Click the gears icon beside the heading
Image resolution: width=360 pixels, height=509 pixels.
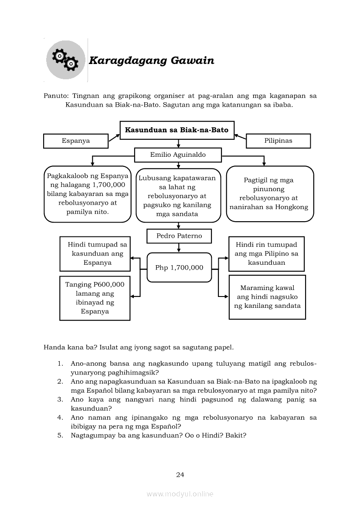tap(65, 61)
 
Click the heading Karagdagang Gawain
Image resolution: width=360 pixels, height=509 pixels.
tap(151, 61)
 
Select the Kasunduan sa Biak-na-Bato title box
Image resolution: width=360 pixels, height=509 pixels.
tap(177, 130)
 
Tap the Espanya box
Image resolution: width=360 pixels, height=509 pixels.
tap(75, 141)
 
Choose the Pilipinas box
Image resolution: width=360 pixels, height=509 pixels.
tap(278, 141)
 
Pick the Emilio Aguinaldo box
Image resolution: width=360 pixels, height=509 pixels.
tap(178, 155)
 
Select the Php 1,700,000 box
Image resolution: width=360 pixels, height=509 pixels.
tap(179, 267)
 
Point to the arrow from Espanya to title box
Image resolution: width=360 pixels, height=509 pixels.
tap(114, 137)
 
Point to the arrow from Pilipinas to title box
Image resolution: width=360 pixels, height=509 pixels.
tap(240, 137)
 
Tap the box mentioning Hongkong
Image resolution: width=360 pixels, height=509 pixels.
tap(270, 194)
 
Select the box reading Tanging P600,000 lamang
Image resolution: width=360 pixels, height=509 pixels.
tap(95, 298)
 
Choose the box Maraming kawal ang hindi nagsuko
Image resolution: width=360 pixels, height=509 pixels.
tap(267, 297)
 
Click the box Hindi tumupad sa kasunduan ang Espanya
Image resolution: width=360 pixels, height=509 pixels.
tap(95, 254)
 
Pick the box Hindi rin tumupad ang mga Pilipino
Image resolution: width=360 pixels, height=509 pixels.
tap(266, 254)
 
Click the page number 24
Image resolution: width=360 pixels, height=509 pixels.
tap(180, 475)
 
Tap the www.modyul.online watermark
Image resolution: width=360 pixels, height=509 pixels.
tap(180, 494)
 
